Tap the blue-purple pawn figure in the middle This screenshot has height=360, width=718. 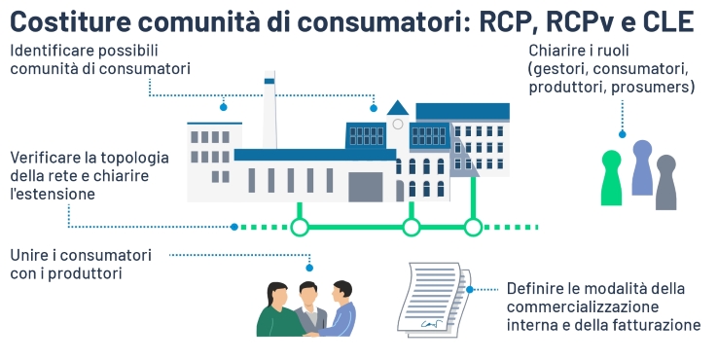[642, 168]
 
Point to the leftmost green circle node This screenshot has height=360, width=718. [301, 228]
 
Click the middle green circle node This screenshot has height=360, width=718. [412, 228]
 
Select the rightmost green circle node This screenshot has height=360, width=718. [473, 228]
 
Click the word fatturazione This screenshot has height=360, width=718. [656, 325]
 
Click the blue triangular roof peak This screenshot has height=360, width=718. [397, 108]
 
